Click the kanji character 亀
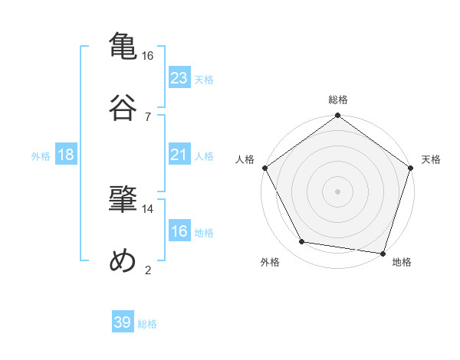123,45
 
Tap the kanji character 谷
123,106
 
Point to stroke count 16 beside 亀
148,56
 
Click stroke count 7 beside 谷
148,116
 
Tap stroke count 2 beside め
148,270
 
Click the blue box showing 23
179,78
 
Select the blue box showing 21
179,155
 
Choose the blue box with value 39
123,322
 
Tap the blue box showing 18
66,155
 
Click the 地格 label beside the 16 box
204,232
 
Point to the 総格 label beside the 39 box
147,324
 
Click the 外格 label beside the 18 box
41,155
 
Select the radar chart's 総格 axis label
338,100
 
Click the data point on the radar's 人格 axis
265,168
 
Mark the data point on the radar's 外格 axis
302,242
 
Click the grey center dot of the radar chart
338,191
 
